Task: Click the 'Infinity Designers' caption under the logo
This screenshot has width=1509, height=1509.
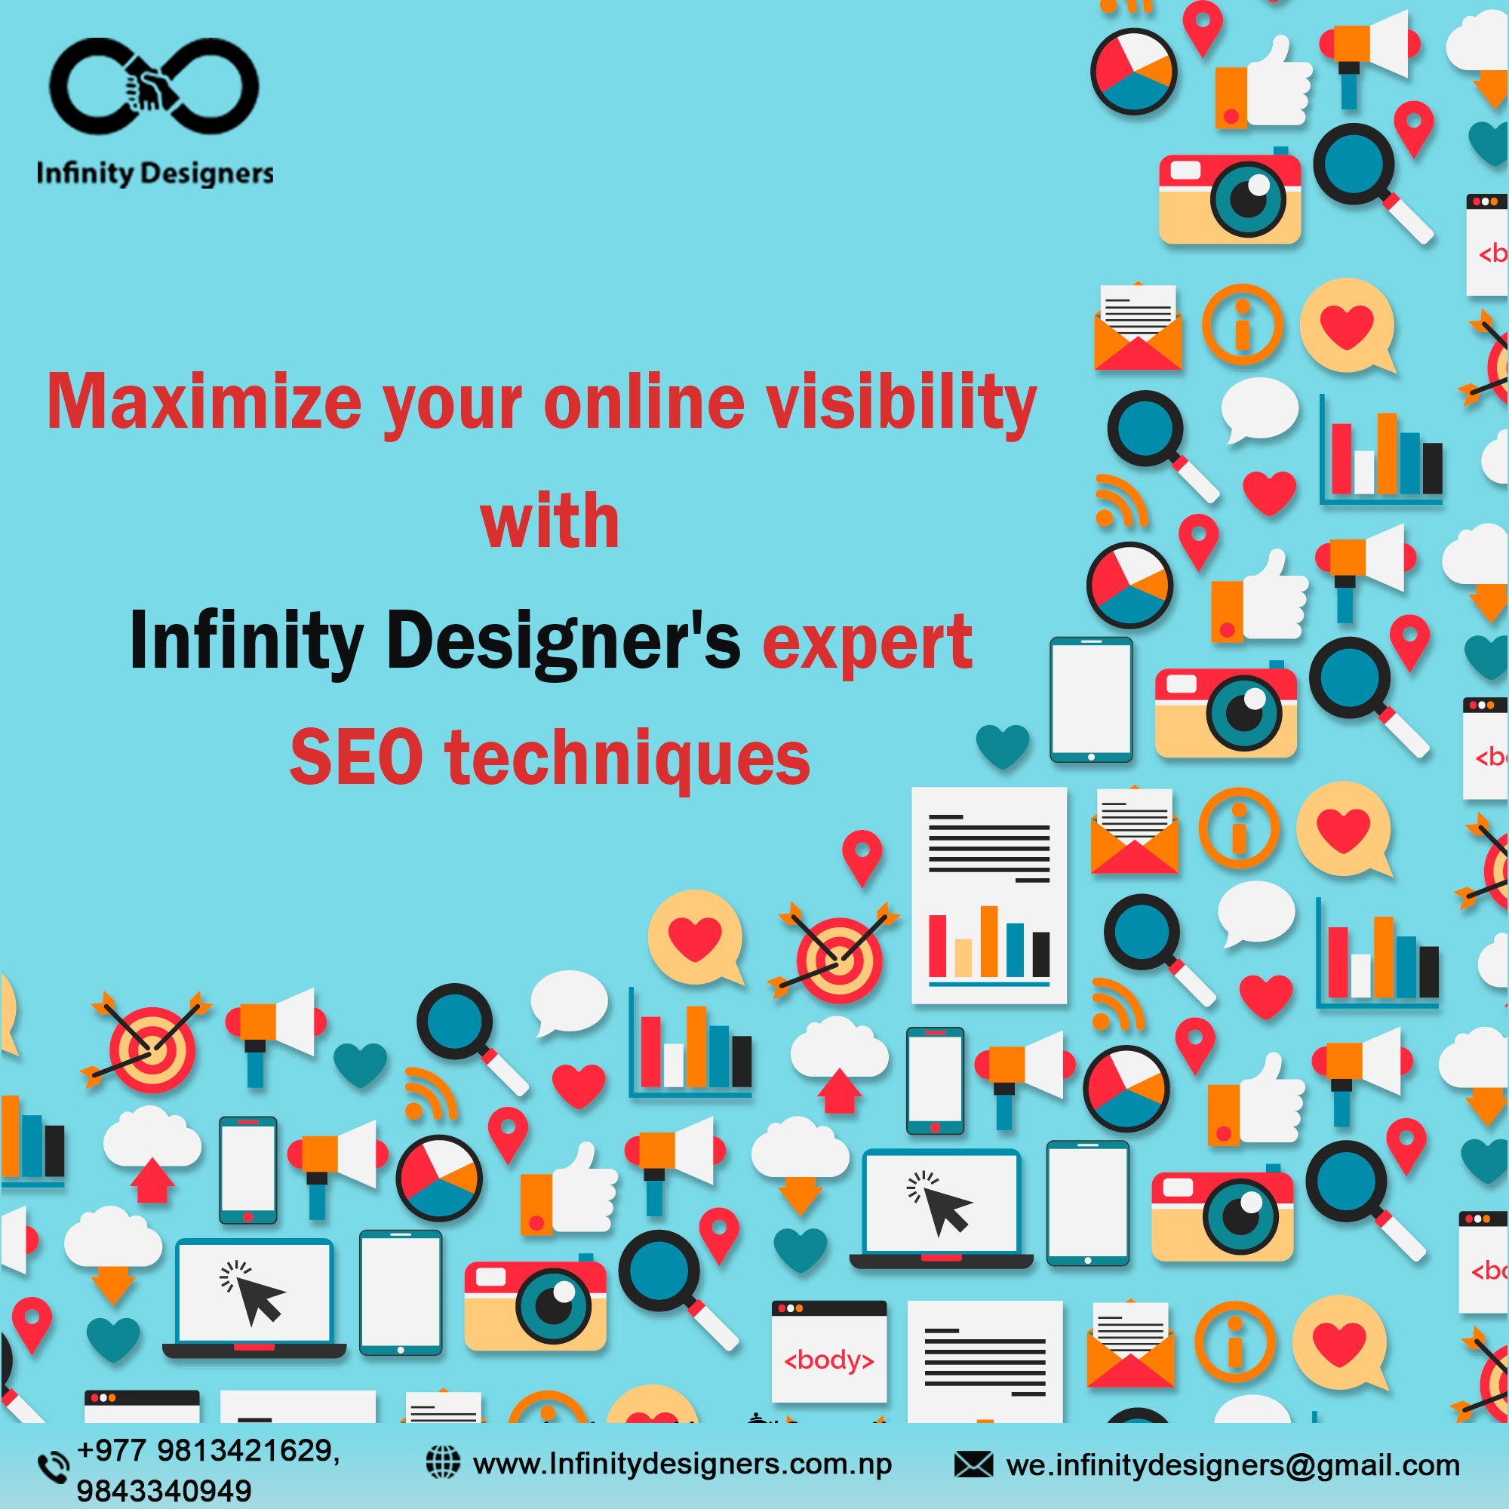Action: [x=155, y=174]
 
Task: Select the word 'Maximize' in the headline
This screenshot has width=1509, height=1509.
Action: [x=204, y=402]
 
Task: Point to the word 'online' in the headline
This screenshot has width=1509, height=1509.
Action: [x=644, y=402]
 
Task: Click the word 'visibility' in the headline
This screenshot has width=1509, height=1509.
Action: [x=902, y=402]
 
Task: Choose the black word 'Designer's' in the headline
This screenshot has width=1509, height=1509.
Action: [x=563, y=641]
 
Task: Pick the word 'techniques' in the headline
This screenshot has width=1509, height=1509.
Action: [x=627, y=758]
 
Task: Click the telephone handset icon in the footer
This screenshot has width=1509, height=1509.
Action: [x=53, y=1466]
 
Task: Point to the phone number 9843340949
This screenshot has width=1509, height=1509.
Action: [x=164, y=1490]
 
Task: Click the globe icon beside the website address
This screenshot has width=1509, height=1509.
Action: [x=443, y=1462]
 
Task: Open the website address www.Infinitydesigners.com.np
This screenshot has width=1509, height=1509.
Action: [x=683, y=1464]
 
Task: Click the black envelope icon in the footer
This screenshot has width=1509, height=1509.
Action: [x=973, y=1464]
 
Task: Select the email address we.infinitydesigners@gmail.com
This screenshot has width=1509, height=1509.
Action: [x=1234, y=1465]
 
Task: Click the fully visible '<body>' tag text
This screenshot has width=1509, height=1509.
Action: [x=828, y=1360]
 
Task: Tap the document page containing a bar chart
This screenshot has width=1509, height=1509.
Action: [x=989, y=895]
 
